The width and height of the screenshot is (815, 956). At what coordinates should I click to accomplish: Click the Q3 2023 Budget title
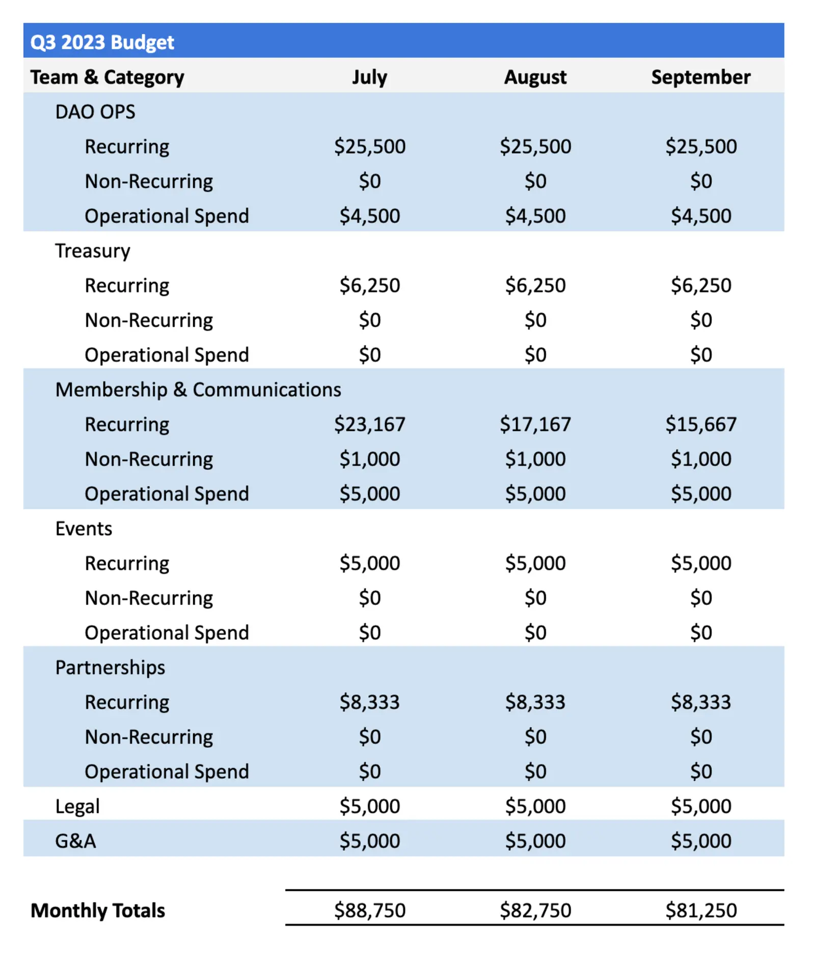tap(102, 42)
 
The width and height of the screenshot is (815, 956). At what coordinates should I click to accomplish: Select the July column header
tap(369, 77)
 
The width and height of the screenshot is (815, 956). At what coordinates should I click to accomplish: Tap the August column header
tap(535, 77)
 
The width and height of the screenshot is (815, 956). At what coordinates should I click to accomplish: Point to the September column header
tap(700, 77)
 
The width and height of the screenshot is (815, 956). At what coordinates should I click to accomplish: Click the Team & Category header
tap(107, 77)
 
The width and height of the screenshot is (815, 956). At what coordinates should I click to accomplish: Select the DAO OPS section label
tap(95, 112)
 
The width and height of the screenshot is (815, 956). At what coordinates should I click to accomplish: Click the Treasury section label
tap(93, 251)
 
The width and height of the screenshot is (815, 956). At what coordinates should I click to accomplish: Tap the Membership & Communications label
tap(198, 390)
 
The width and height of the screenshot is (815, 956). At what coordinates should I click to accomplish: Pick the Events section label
tap(84, 529)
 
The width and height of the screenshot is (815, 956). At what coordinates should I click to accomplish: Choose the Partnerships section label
tap(110, 667)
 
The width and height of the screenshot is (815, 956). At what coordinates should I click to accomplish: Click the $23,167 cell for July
tap(369, 424)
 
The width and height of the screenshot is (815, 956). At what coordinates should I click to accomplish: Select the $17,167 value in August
tap(535, 424)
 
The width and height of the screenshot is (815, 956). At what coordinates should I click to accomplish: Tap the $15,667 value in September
tap(700, 424)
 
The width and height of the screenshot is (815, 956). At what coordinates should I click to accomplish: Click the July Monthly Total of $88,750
tap(369, 910)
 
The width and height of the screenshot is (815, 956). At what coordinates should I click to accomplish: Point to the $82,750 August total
tap(535, 910)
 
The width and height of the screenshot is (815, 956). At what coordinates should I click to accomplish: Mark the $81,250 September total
tap(700, 910)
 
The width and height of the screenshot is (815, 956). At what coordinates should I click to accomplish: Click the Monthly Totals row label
tap(98, 910)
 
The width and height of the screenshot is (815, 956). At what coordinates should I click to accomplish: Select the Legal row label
tap(77, 806)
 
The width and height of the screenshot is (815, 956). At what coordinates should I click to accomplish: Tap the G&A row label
tap(75, 841)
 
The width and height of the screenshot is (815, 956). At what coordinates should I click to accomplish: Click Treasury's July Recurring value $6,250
tap(369, 285)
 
